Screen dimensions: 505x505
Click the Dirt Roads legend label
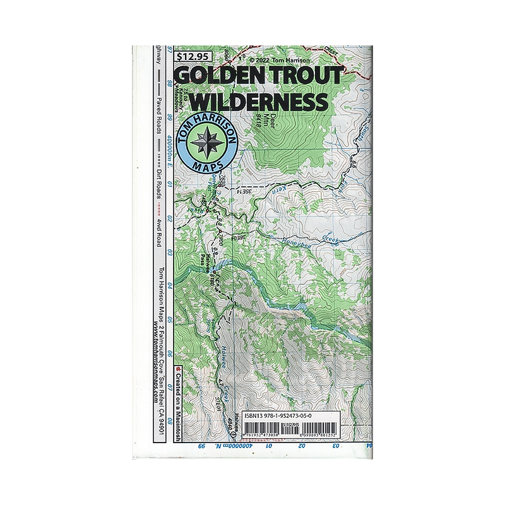coord(160,181)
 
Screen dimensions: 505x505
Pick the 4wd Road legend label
coord(160,231)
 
